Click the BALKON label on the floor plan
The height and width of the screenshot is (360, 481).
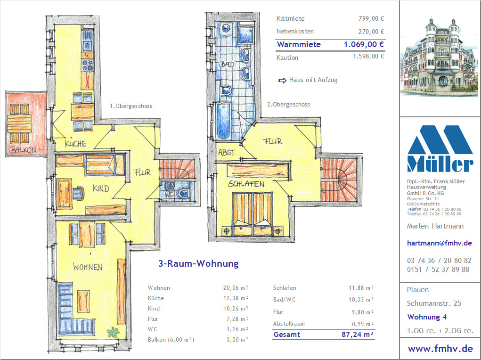pos(23,150)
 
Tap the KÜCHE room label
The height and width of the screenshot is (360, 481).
pos(75,143)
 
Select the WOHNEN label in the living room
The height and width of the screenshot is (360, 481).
pos(88,267)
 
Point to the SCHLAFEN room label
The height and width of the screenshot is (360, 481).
pos(246,184)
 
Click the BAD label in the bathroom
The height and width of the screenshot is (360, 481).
pos(227,65)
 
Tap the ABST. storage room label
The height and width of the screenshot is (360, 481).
pos(227,153)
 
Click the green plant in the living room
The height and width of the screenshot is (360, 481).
pos(113,332)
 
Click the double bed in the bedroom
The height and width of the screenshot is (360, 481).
pos(253,214)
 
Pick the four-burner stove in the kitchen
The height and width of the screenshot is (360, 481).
pos(88,65)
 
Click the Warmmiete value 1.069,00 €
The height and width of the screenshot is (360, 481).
pos(364,44)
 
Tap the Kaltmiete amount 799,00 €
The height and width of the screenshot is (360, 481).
pos(371,18)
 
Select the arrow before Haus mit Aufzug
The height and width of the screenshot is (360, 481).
pos(282,81)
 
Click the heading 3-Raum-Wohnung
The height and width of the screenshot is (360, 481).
pos(198,263)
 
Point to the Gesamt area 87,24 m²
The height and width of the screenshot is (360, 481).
pos(358,334)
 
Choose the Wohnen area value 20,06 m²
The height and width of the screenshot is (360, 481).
pos(236,288)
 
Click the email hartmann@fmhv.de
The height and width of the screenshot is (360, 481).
pos(439,243)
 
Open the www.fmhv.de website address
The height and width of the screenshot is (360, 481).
pos(440,349)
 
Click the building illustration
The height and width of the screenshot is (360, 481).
pos(439,57)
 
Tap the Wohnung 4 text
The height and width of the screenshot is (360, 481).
pos(427,317)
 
